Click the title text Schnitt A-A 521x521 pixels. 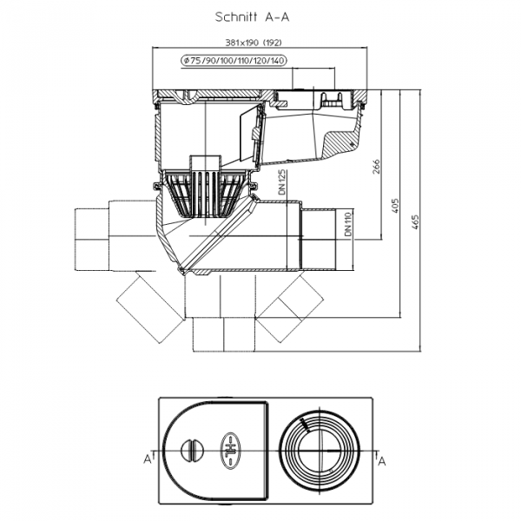[x=252, y=17]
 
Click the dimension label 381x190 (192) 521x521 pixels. [x=254, y=43]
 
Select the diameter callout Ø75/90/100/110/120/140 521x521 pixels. [x=234, y=61]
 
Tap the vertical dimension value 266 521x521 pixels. [x=375, y=166]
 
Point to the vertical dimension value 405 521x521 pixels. [x=395, y=206]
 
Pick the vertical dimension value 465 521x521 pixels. [x=415, y=222]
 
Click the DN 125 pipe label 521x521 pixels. [x=282, y=182]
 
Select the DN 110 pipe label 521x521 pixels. [x=347, y=224]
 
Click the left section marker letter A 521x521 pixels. [x=148, y=459]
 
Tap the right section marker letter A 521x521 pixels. [x=382, y=461]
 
